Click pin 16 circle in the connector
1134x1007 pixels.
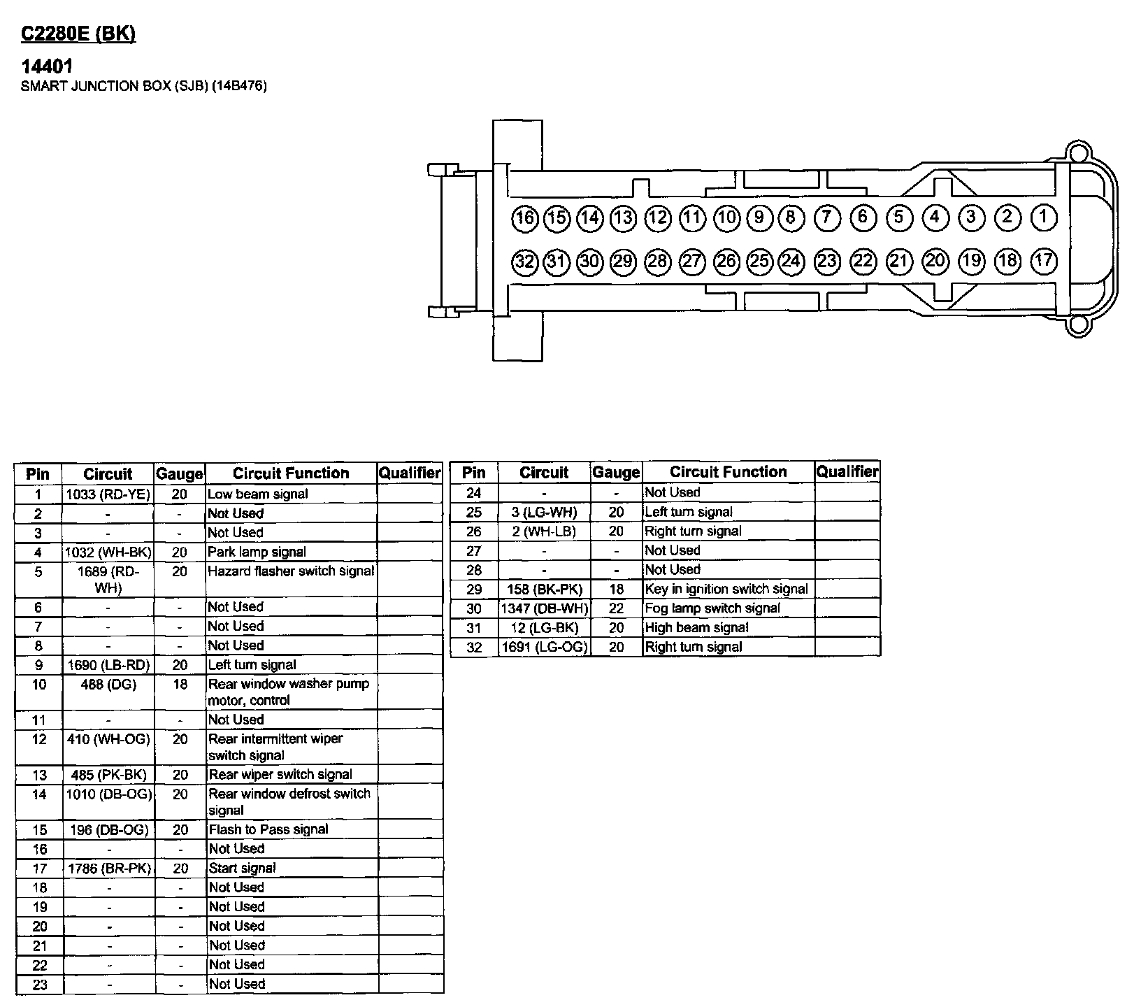(x=524, y=218)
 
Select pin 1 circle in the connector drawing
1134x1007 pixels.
(x=1043, y=217)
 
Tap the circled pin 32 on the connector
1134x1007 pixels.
(x=524, y=262)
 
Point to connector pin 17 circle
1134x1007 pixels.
(x=1043, y=261)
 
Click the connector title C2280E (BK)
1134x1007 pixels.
(x=78, y=34)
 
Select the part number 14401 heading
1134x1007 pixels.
(x=48, y=66)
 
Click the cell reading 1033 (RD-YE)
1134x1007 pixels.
(x=108, y=494)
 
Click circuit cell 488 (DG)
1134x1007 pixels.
(x=108, y=685)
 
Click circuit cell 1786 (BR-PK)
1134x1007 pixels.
(x=108, y=869)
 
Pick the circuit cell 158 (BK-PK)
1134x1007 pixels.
(x=545, y=590)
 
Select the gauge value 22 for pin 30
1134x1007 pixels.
(x=616, y=608)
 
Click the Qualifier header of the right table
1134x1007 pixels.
(x=847, y=472)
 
